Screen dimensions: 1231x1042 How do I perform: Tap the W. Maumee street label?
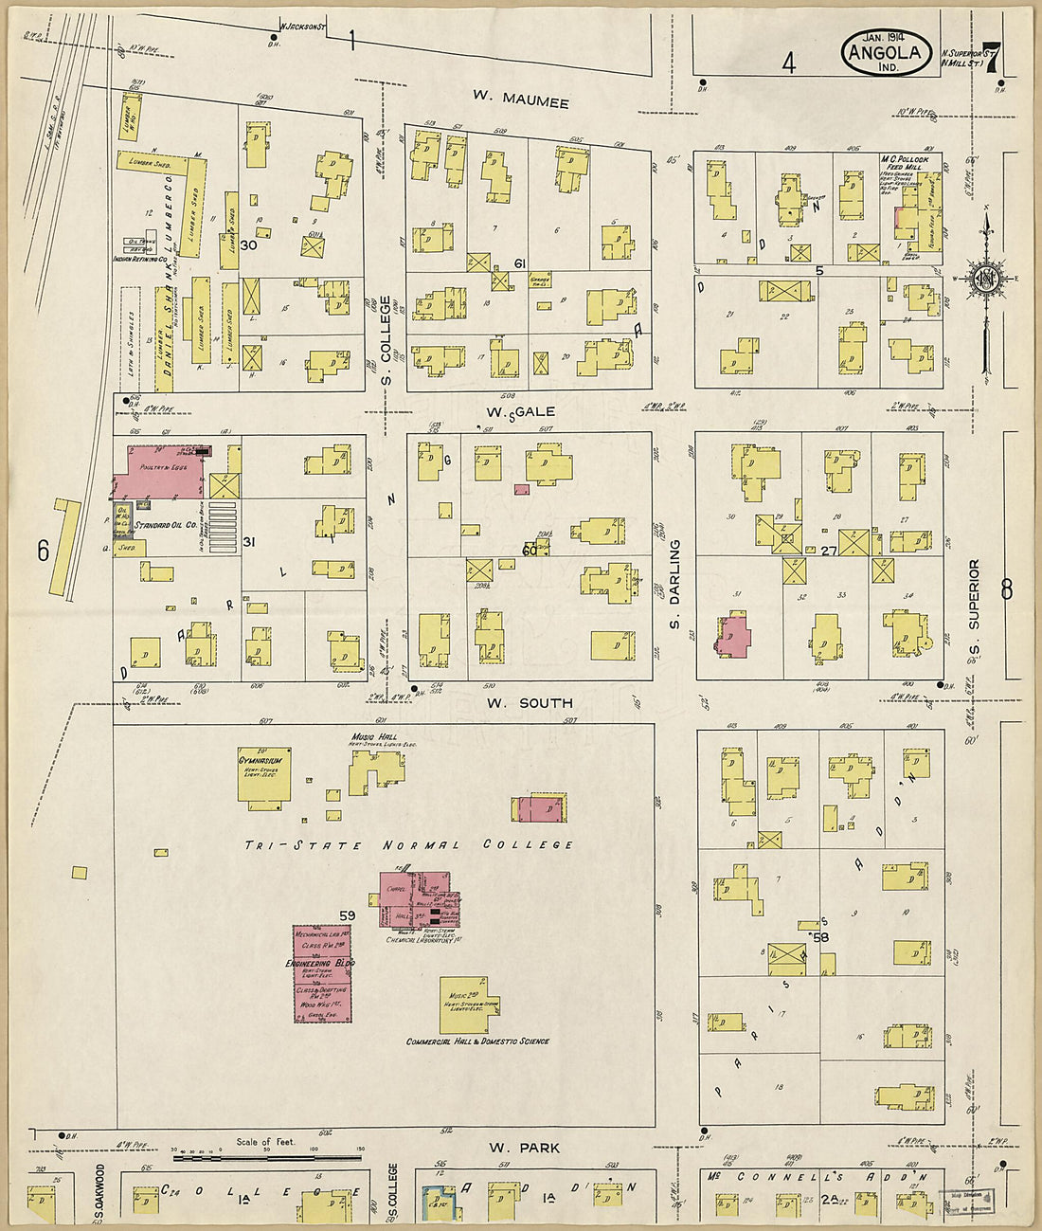(521, 101)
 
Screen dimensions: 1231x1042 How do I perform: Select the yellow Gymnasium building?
(263, 778)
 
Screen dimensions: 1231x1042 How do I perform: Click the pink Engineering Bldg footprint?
(322, 974)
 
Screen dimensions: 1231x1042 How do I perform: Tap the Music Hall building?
(376, 770)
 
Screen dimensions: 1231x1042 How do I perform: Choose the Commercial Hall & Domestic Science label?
(477, 1041)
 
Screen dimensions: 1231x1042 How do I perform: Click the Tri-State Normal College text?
(408, 844)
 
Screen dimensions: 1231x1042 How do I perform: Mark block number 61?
(519, 262)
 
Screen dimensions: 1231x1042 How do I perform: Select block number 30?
(249, 245)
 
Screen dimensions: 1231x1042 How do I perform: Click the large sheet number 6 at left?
(43, 552)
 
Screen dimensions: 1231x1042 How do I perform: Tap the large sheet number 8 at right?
(1006, 589)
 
